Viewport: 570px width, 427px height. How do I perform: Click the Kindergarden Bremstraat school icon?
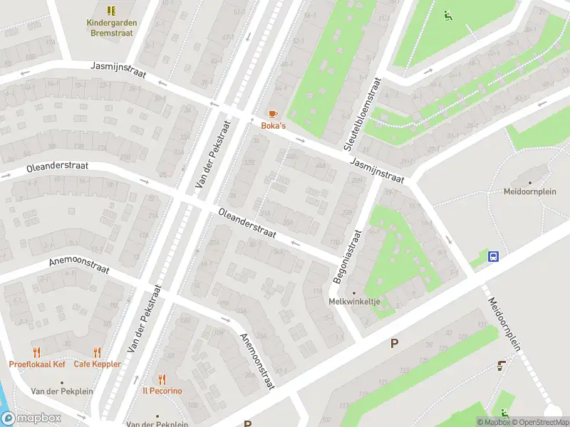(x=111, y=11)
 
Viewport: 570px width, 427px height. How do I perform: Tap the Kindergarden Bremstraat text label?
(x=111, y=28)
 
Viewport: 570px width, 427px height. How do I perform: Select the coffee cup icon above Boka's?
(x=272, y=114)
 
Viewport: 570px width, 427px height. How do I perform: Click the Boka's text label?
(x=273, y=126)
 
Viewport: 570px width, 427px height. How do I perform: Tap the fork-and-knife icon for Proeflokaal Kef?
(x=37, y=352)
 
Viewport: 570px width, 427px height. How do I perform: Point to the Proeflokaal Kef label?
(x=37, y=364)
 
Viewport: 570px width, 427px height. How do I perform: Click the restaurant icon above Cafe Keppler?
(x=97, y=352)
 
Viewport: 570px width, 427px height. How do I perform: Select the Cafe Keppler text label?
(x=97, y=364)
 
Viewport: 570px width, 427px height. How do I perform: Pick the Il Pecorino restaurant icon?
(x=162, y=379)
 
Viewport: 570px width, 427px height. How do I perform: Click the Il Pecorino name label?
(x=162, y=391)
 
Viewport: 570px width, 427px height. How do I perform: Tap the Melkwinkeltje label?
(x=354, y=302)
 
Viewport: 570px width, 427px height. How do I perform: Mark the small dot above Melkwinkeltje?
(x=354, y=292)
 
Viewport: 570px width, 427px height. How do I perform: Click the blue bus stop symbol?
(x=492, y=257)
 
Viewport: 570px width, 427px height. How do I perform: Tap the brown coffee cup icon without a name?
(x=501, y=366)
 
